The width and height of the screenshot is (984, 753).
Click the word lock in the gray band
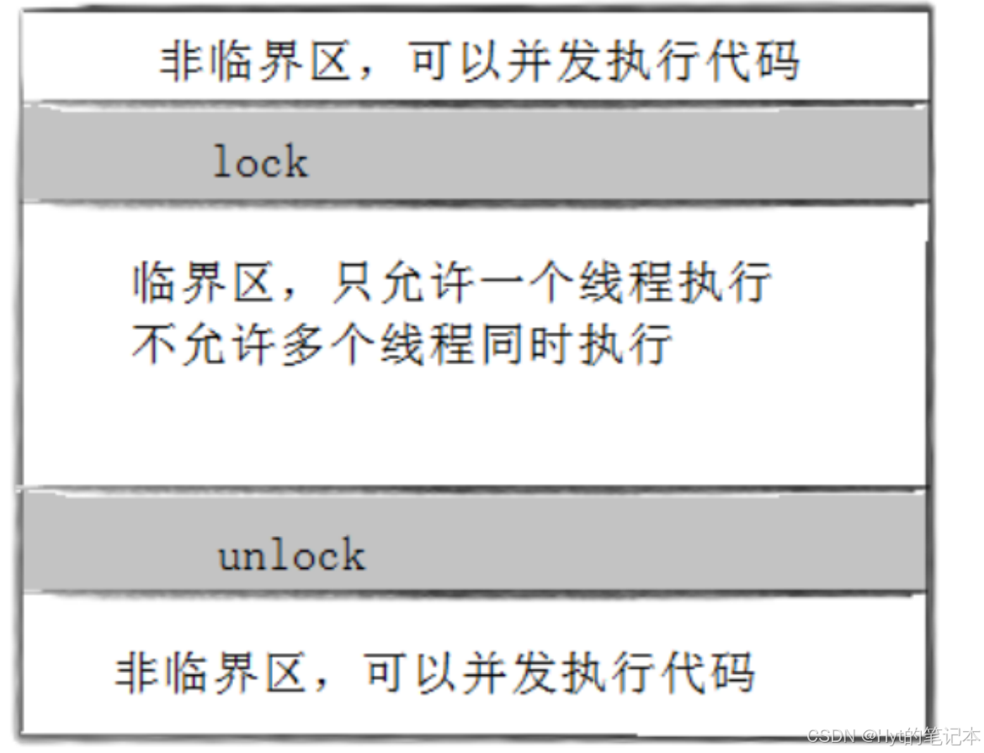click(260, 161)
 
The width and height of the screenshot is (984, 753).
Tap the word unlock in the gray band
click(291, 555)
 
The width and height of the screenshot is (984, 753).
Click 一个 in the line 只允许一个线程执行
click(531, 284)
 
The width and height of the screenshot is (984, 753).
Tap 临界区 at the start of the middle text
click(205, 284)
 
